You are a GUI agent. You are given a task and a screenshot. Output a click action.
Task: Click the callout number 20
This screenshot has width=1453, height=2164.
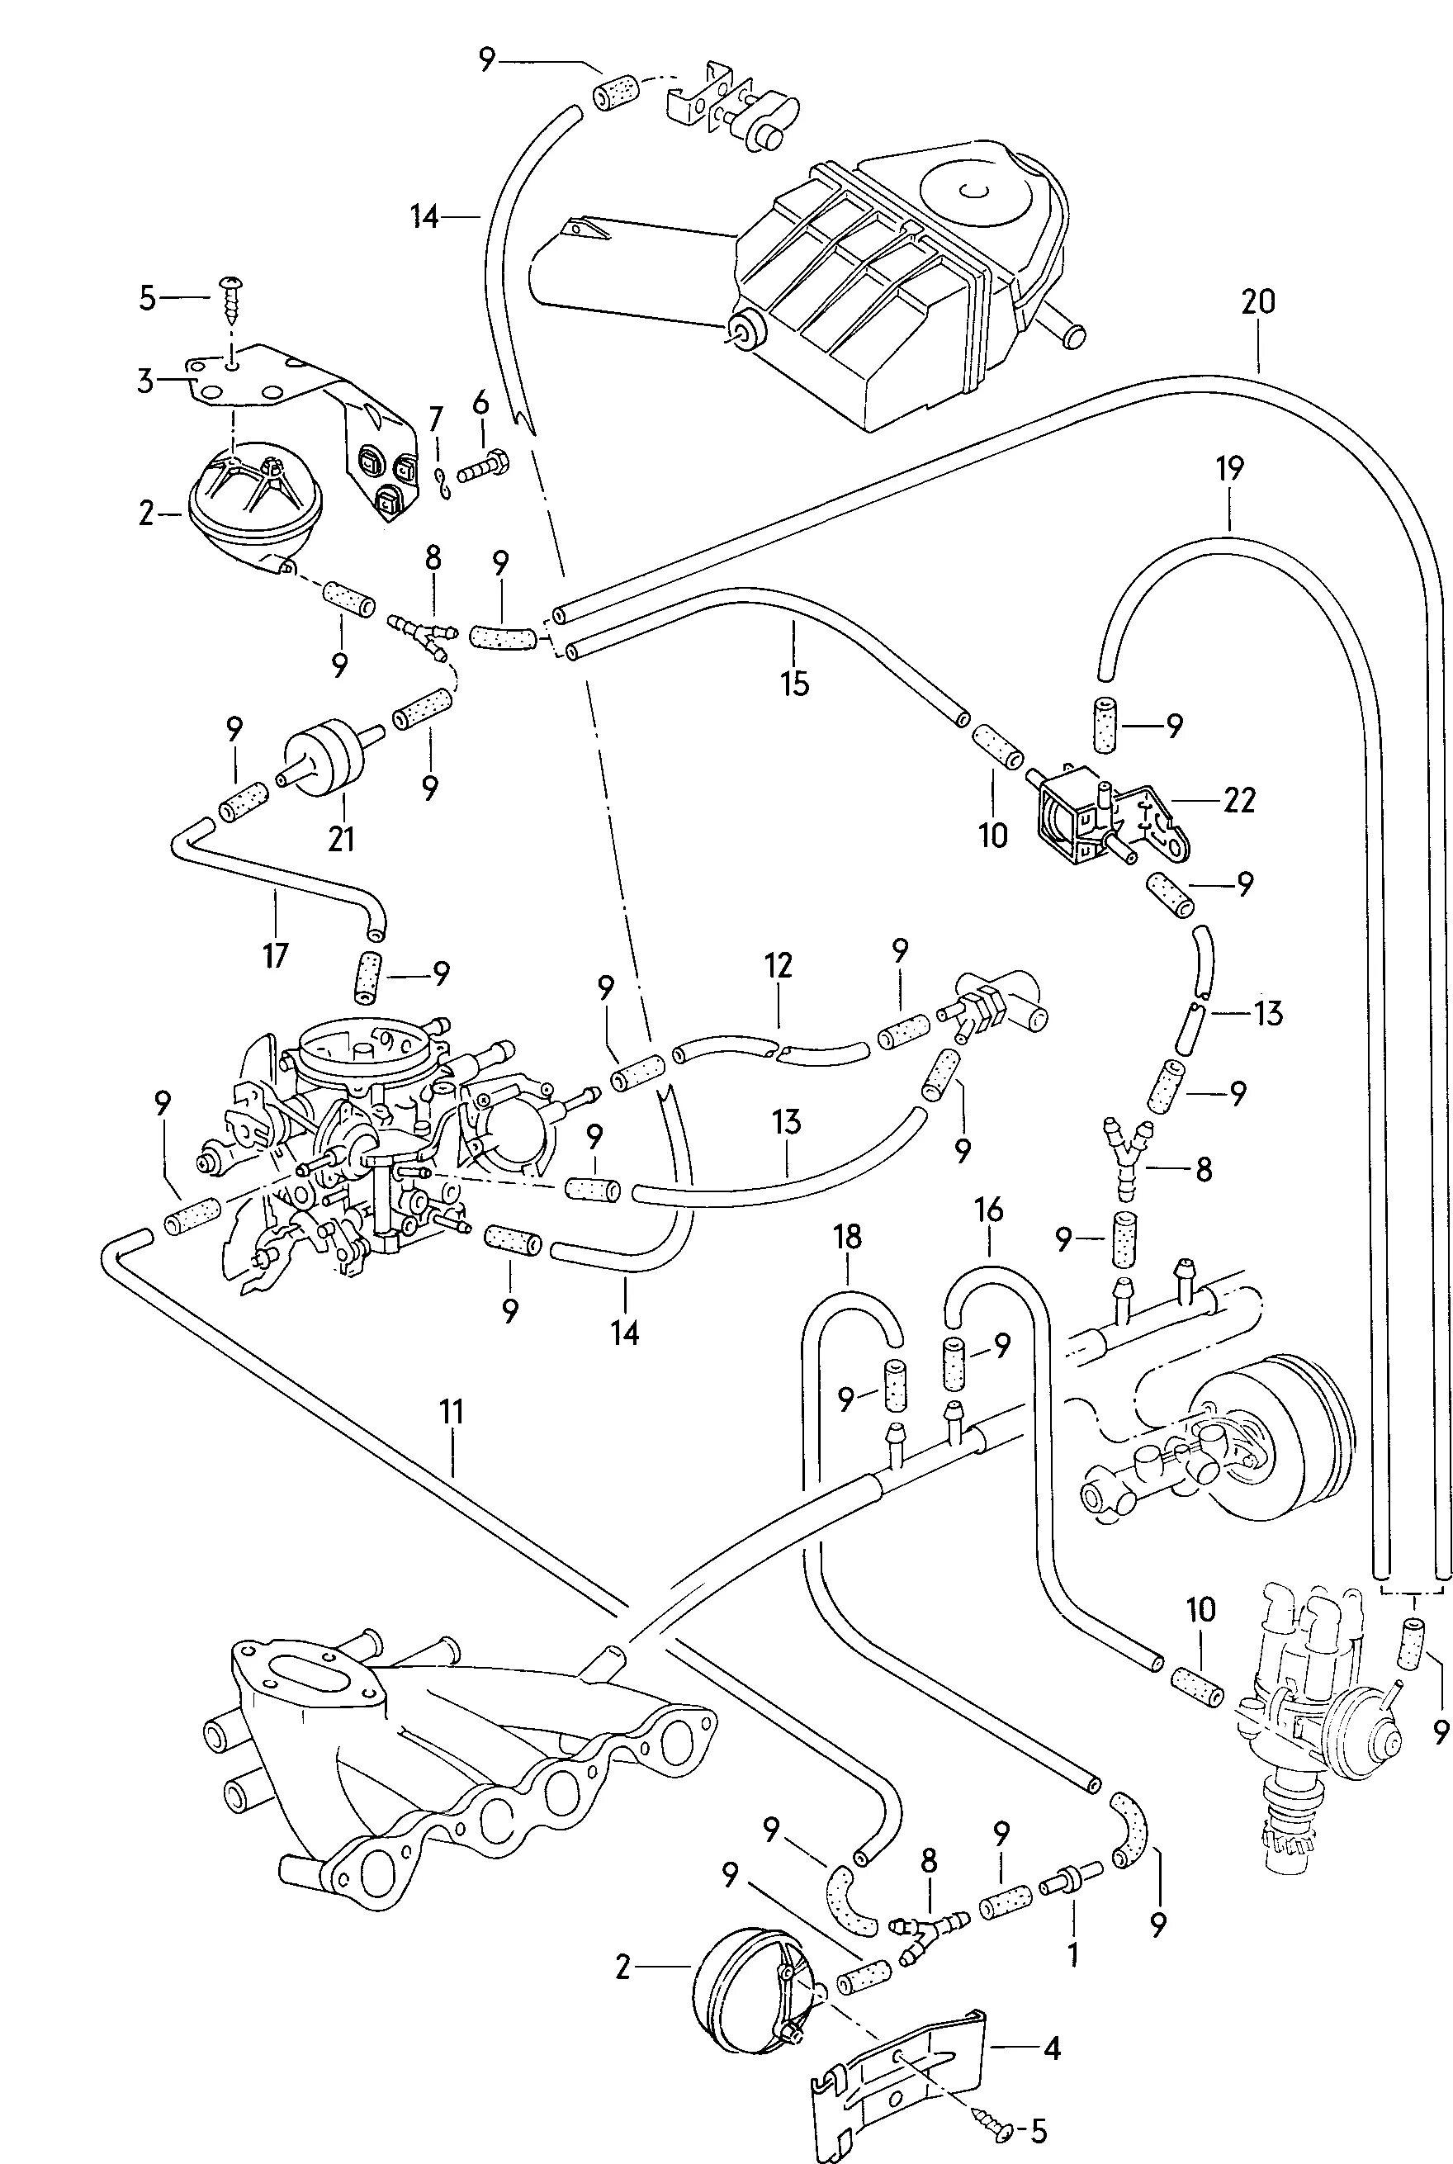(1259, 303)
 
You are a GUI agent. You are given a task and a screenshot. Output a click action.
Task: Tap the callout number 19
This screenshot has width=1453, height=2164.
(1228, 470)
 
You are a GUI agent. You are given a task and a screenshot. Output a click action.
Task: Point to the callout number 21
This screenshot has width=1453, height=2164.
(341, 839)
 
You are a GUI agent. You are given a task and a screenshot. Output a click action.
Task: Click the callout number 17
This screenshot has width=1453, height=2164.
(275, 954)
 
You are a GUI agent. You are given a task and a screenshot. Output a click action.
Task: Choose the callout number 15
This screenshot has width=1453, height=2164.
(795, 683)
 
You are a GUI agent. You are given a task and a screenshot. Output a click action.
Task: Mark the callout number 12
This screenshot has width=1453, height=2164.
(779, 966)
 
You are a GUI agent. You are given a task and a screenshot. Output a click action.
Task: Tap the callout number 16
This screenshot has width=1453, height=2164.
(989, 1210)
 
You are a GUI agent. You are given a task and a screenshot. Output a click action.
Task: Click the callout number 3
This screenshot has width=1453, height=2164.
(146, 381)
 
